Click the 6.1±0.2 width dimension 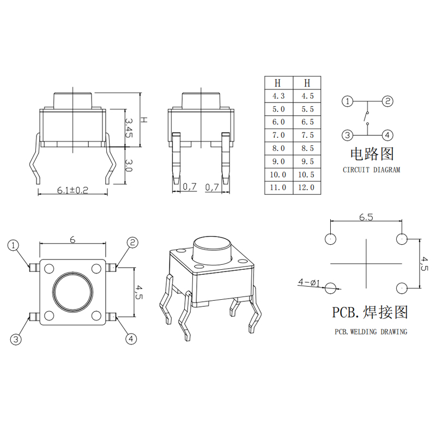72,190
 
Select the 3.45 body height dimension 129,128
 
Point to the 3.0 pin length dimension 129,166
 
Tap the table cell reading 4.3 278,96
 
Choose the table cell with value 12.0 306,187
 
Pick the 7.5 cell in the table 307,135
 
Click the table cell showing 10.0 278,174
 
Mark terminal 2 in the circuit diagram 387,101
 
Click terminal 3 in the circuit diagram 347,135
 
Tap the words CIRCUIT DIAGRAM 372,169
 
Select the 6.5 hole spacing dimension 366,217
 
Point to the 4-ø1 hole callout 309,282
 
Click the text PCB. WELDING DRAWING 371,331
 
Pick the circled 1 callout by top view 13,245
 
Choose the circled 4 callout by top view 131,338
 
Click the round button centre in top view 72,292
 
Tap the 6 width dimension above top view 72,239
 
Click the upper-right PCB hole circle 402,239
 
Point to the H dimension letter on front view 143,120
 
